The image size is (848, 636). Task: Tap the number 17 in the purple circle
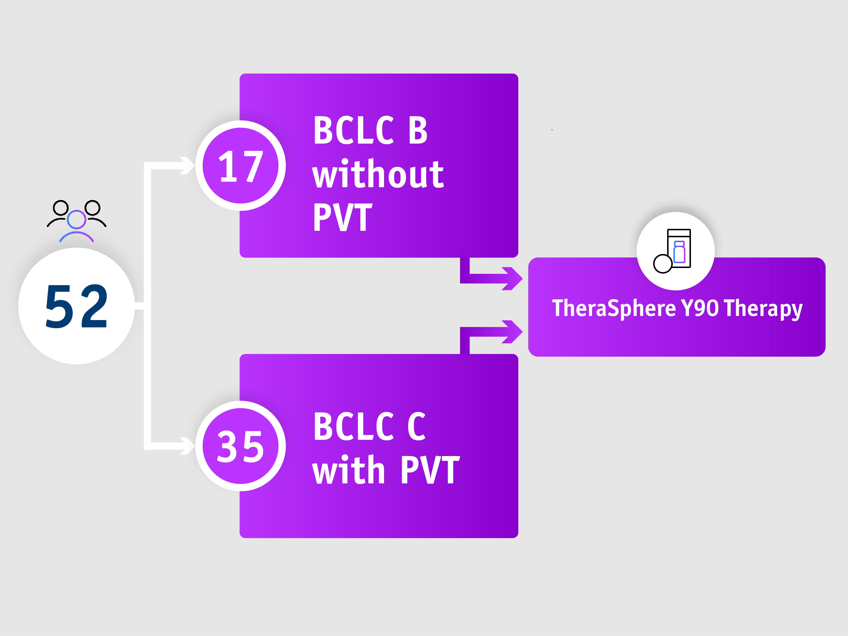240,166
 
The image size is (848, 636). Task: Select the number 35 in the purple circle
240,446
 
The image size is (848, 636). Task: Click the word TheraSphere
614,308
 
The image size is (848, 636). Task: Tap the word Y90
700,308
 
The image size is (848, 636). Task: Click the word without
378,174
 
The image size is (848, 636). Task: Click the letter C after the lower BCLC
416,426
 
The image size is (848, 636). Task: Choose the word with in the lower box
348,470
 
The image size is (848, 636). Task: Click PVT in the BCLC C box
430,470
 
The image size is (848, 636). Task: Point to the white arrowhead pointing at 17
188,166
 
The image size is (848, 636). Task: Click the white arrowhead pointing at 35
188,446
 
